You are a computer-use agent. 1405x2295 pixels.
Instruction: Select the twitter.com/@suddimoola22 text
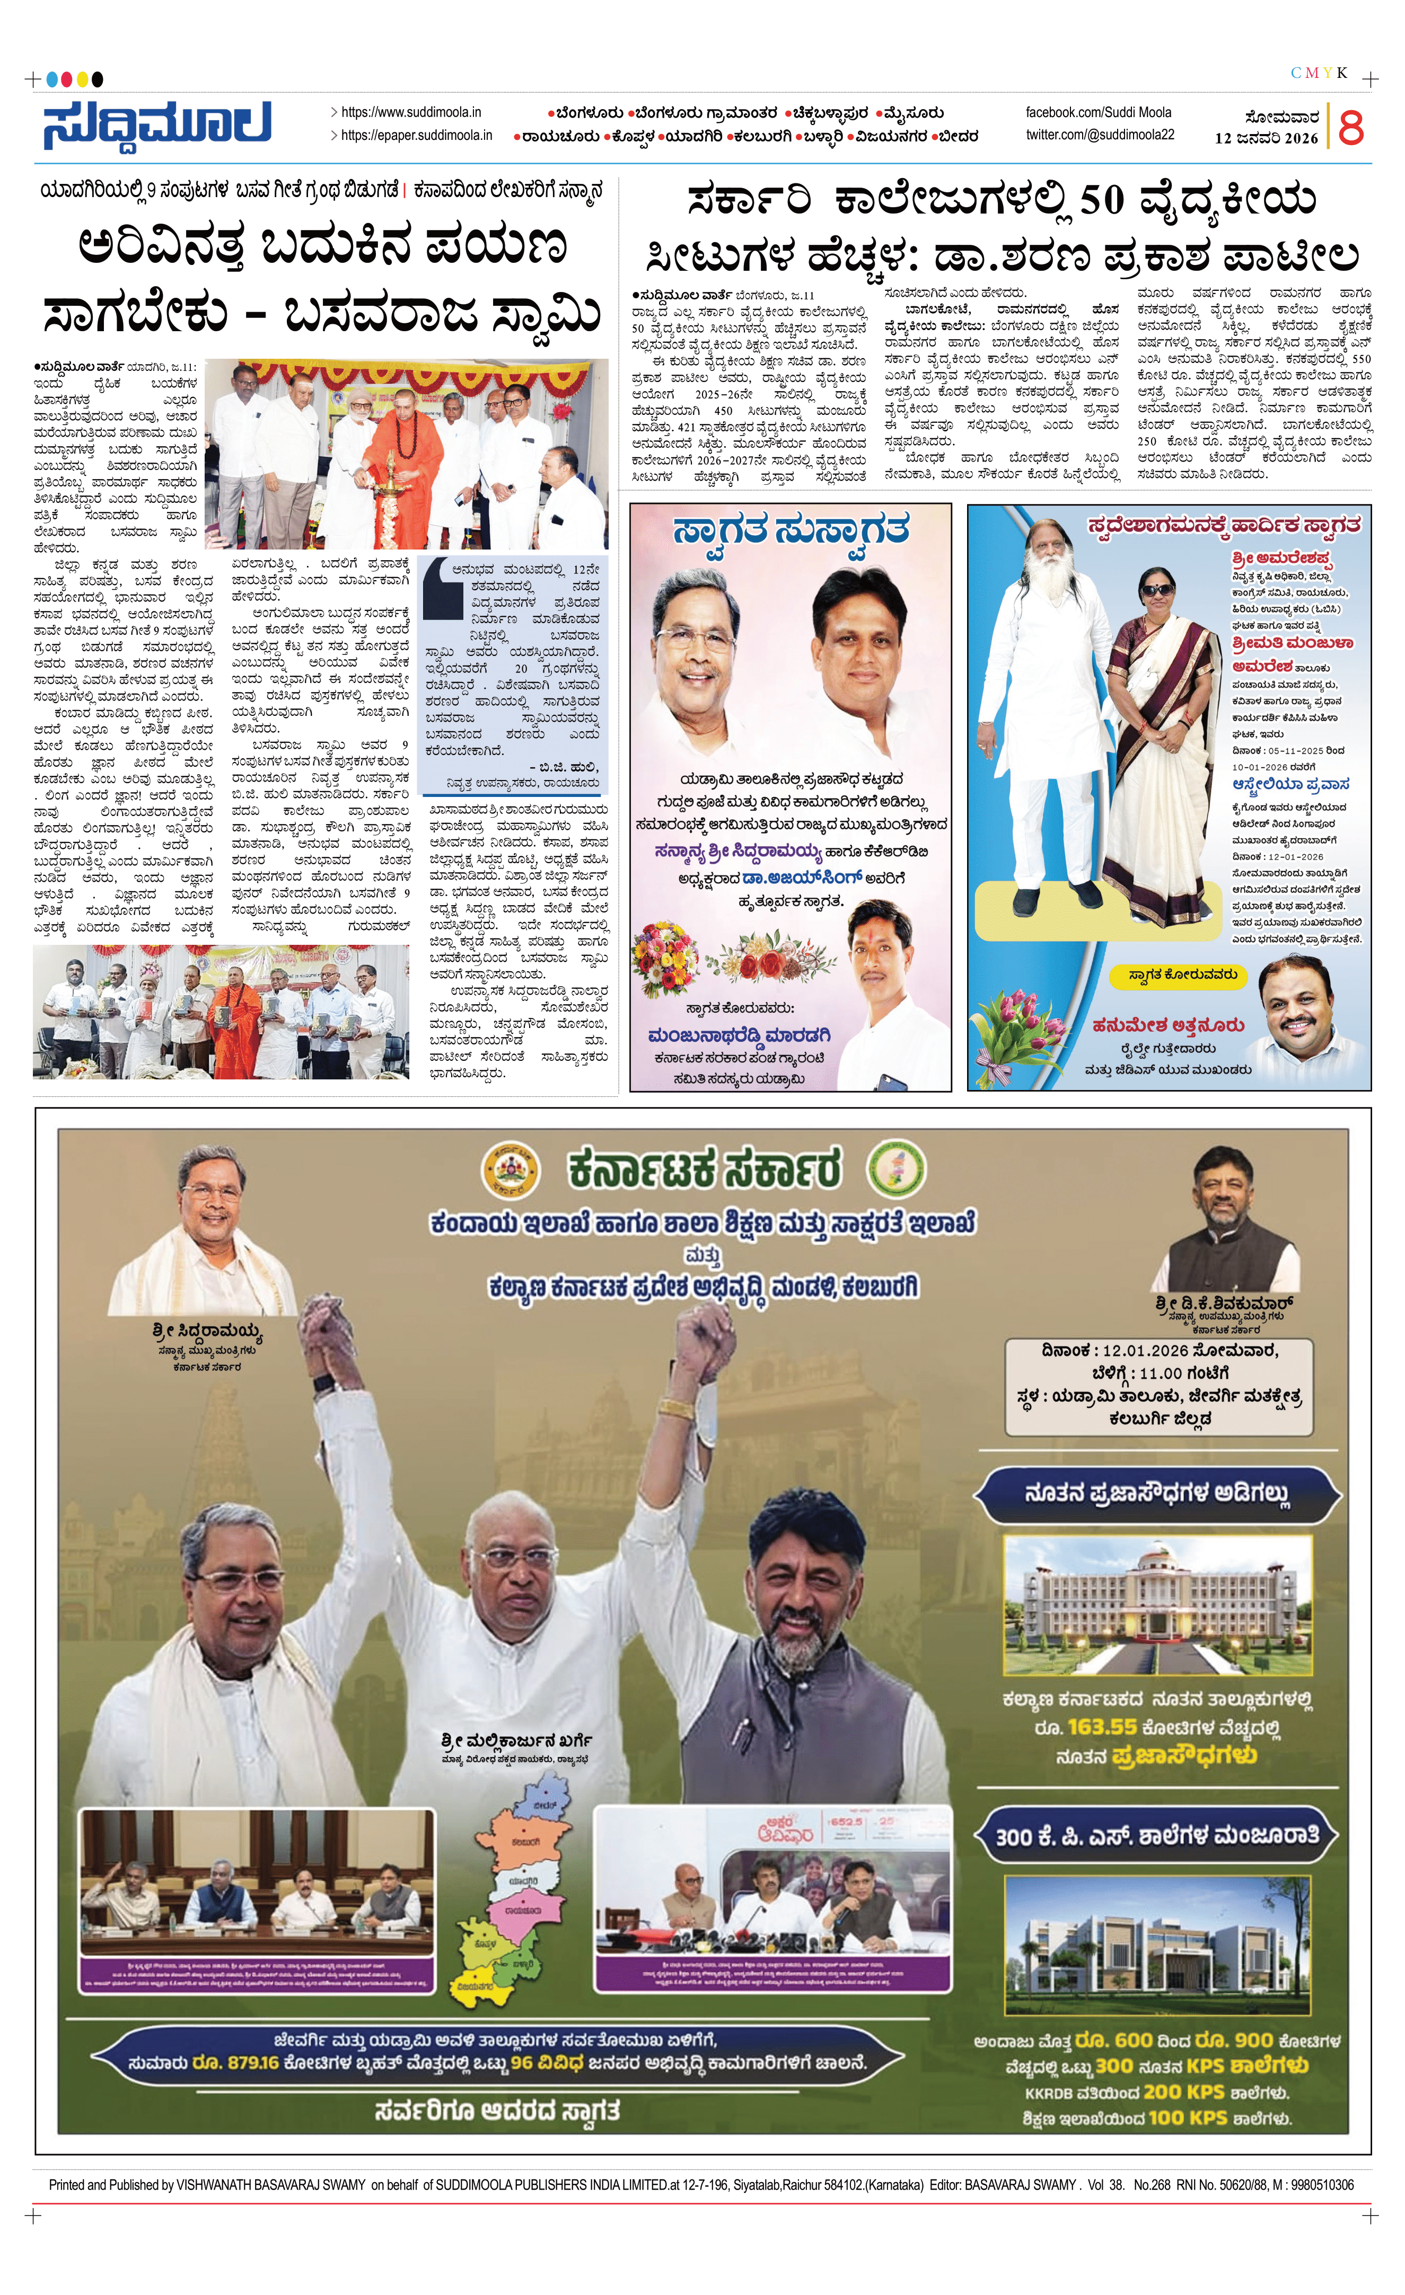click(x=1100, y=135)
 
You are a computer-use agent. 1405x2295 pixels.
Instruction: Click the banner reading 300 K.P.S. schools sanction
click(x=1156, y=1836)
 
